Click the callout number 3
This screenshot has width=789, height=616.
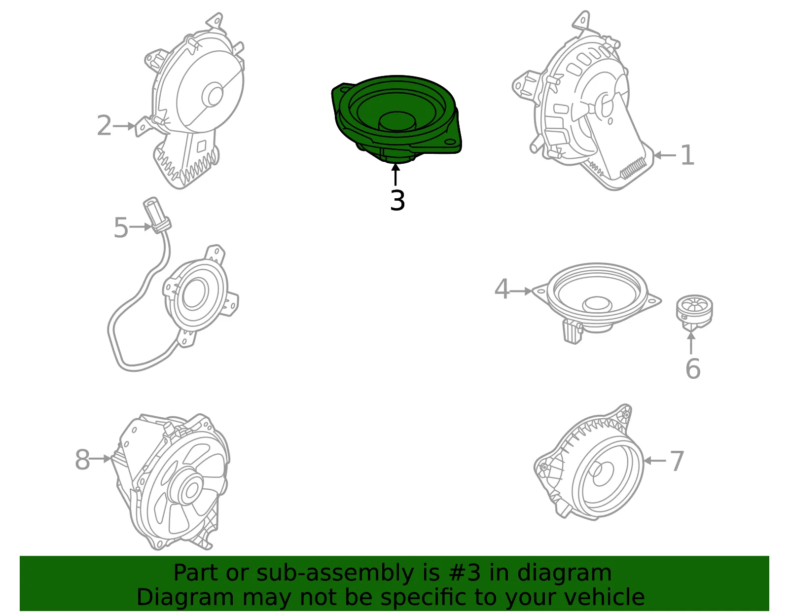point(397,200)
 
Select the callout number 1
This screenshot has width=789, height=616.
point(687,155)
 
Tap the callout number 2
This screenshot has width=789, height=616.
point(104,125)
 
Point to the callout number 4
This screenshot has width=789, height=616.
point(502,289)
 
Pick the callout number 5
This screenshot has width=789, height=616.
point(121,227)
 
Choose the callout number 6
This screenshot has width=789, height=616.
point(693,368)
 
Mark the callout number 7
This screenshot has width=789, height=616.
point(677,461)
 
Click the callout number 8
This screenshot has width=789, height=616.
point(82,459)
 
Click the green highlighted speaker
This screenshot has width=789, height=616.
point(396,119)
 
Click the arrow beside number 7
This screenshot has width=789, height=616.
point(655,461)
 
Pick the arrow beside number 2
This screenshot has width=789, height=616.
point(124,126)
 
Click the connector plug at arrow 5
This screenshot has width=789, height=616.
point(157,215)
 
